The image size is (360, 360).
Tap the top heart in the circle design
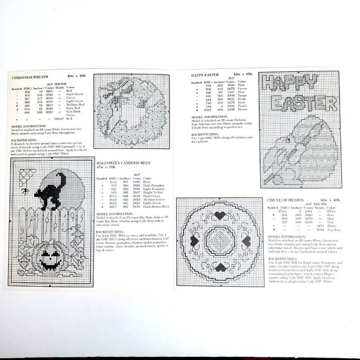(220, 214)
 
